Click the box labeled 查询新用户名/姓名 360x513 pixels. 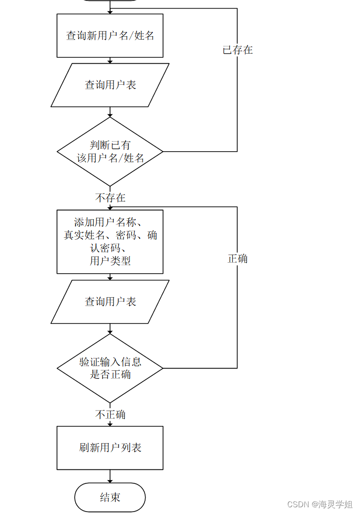[x=110, y=35]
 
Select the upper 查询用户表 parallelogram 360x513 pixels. [x=110, y=85]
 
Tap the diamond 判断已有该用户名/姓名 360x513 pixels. [x=110, y=152]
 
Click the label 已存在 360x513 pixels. [x=237, y=50]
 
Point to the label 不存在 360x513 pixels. [x=111, y=198]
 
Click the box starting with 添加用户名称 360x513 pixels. [x=110, y=242]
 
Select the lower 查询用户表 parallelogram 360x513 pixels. [x=110, y=302]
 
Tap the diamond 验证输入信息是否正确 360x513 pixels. [x=110, y=368]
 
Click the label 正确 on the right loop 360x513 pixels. [x=237, y=259]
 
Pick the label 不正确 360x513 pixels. [x=111, y=414]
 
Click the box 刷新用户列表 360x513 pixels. [x=110, y=448]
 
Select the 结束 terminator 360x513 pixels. [x=110, y=497]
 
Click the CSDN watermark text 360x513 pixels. [x=319, y=504]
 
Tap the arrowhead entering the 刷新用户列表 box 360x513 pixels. [x=110, y=424]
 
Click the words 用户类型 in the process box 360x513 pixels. [x=110, y=261]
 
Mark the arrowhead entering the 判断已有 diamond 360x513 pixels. [x=110, y=115]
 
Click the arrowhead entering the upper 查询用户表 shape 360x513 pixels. [x=110, y=61]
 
